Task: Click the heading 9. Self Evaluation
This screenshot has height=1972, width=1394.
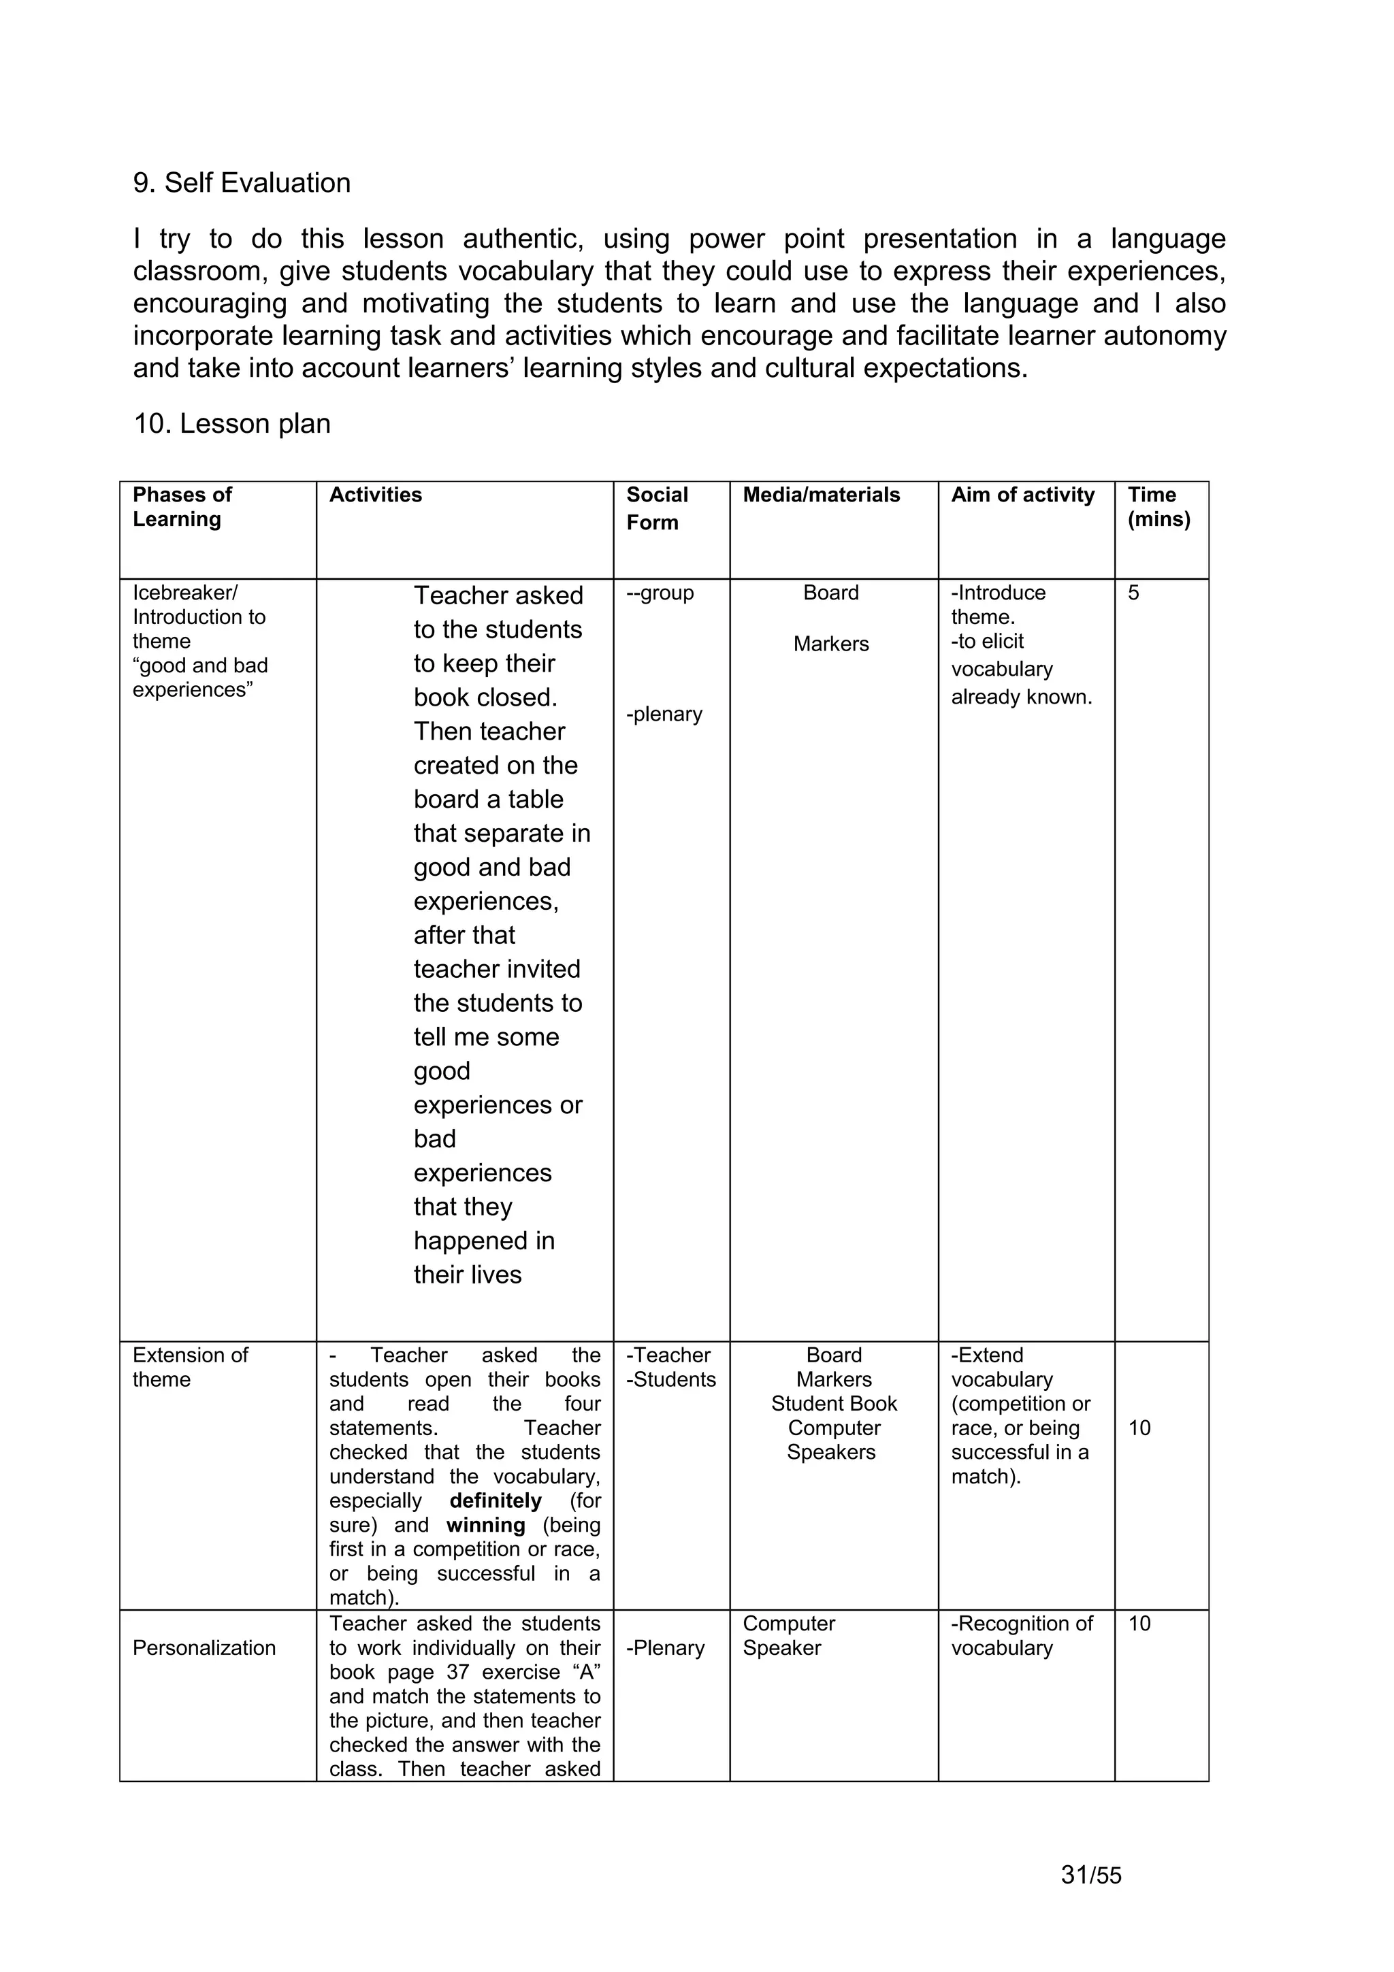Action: pyautogui.click(x=242, y=183)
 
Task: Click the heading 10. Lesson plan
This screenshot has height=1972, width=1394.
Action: pyautogui.click(x=232, y=423)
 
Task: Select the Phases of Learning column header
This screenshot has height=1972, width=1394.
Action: pyautogui.click(x=182, y=507)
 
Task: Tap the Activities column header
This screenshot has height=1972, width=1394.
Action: pyautogui.click(x=375, y=495)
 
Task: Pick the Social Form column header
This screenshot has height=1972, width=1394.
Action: pyautogui.click(x=657, y=508)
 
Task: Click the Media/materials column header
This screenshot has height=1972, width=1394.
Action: pyautogui.click(x=821, y=495)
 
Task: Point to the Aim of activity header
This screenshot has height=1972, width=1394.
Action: pyautogui.click(x=1022, y=495)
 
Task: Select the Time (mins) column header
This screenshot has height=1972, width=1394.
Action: pyautogui.click(x=1158, y=507)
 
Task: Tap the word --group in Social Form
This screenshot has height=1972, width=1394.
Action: pyautogui.click(x=660, y=593)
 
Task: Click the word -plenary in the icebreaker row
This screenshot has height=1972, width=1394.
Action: pyautogui.click(x=664, y=714)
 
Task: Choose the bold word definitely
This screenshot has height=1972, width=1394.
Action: pyautogui.click(x=496, y=1500)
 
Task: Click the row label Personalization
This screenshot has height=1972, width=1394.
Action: pyautogui.click(x=204, y=1647)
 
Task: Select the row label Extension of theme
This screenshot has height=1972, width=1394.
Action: pyautogui.click(x=190, y=1366)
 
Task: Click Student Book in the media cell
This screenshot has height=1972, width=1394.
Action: pyautogui.click(x=833, y=1403)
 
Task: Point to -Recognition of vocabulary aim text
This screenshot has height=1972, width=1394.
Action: pyautogui.click(x=1021, y=1635)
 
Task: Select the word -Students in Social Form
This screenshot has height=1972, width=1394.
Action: pyautogui.click(x=671, y=1379)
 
